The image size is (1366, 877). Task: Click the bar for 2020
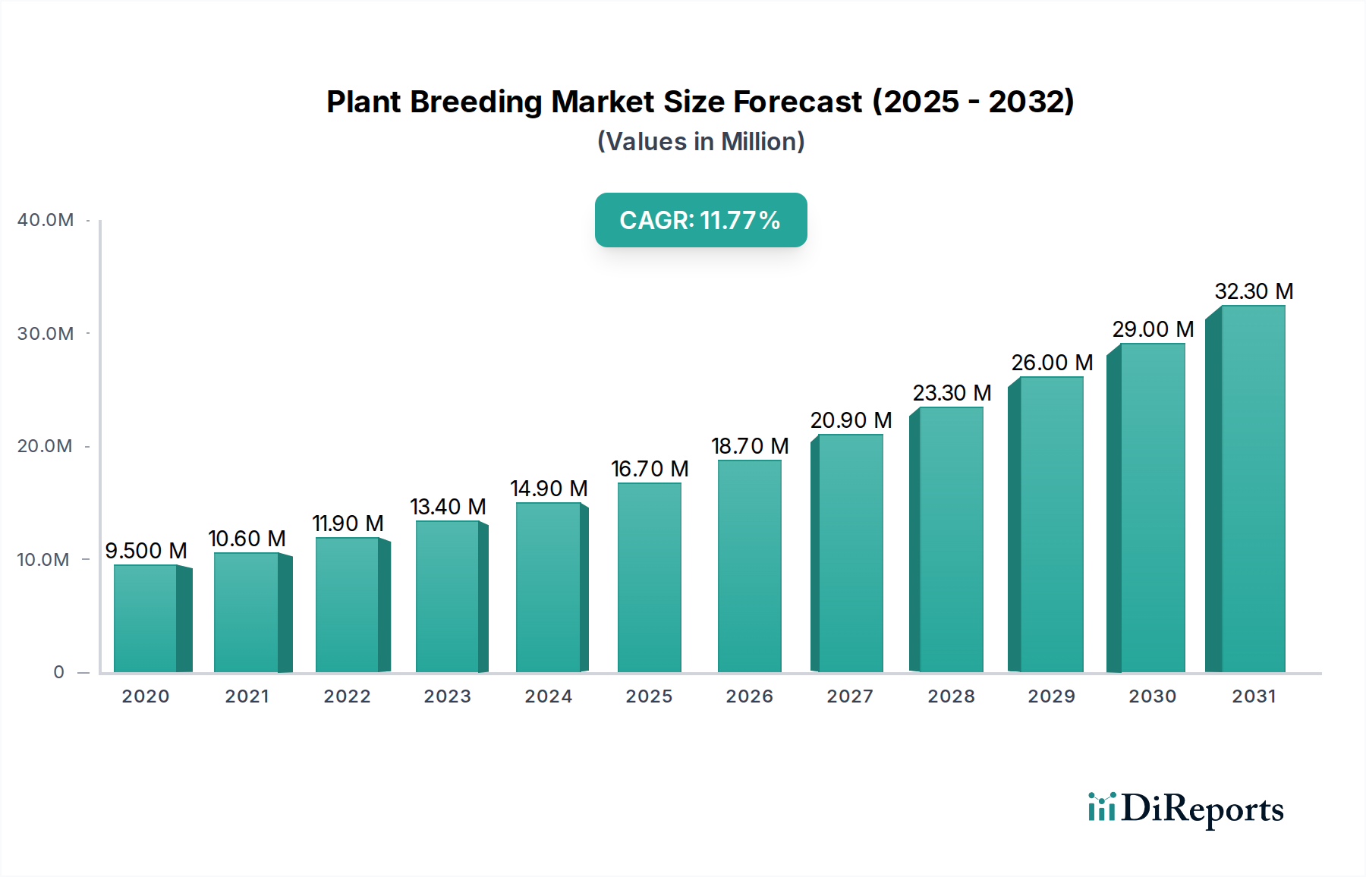pos(146,618)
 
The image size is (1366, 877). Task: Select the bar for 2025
pos(650,577)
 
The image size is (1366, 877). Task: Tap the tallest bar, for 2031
pos(1253,489)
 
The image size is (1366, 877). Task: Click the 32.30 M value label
pos(1254,291)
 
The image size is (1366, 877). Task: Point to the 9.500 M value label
pos(146,551)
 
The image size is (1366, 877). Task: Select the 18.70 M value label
pos(750,446)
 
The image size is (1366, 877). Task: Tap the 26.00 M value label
pos(1052,363)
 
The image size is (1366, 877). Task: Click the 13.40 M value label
pos(448,507)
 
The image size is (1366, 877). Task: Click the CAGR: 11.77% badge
pos(700,220)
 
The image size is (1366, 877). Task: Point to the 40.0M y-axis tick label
pos(46,220)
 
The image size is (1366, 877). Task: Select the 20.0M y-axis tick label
pos(46,446)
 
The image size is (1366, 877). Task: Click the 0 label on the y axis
pos(58,672)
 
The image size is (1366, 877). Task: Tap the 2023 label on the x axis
pos(447,696)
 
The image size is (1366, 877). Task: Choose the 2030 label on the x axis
pos(1152,696)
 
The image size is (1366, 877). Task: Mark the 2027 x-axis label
pos(850,696)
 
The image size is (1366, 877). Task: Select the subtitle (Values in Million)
pos(700,142)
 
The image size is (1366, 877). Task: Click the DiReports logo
pos(1185,809)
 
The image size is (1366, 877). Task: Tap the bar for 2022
pos(347,605)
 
